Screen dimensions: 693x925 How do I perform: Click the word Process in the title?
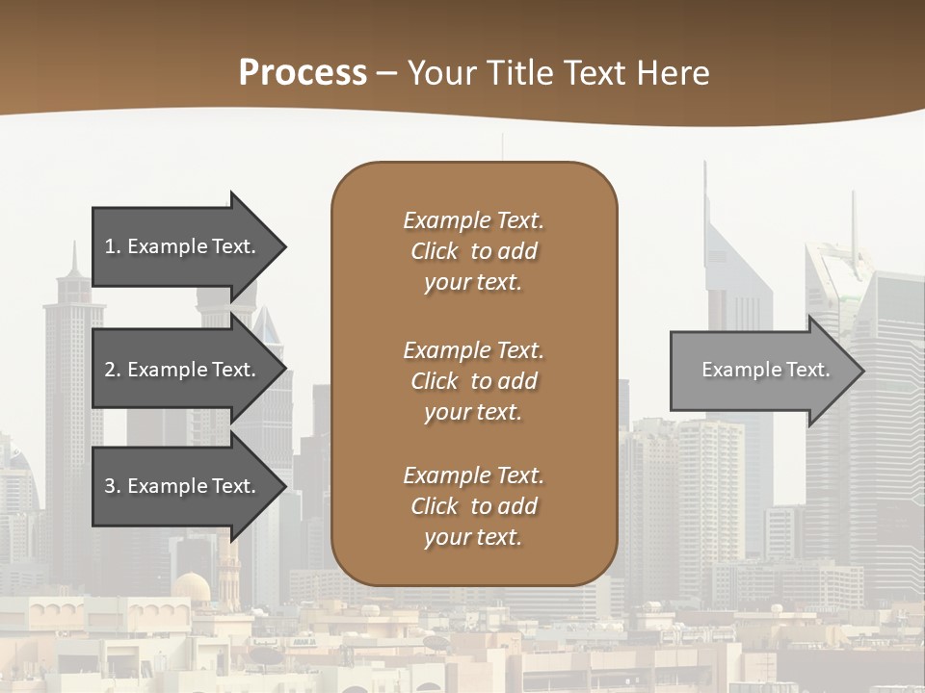pyautogui.click(x=303, y=73)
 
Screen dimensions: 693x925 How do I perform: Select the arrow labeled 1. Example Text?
pyautogui.click(x=183, y=246)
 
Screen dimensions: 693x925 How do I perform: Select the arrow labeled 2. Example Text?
pyautogui.click(x=183, y=370)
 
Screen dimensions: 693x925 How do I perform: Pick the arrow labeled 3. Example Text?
pyautogui.click(x=183, y=486)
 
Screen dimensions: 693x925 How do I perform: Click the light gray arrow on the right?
pyautogui.click(x=761, y=370)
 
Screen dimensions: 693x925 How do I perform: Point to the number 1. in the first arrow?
pyautogui.click(x=113, y=246)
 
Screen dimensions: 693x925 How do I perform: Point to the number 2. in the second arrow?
pyautogui.click(x=113, y=370)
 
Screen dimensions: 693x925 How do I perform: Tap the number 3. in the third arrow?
pyautogui.click(x=113, y=486)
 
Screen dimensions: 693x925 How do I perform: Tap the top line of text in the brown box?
pyautogui.click(x=473, y=220)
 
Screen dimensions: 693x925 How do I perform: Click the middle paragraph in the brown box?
pyautogui.click(x=473, y=381)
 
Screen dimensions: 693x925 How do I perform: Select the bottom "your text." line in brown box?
pyautogui.click(x=473, y=538)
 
